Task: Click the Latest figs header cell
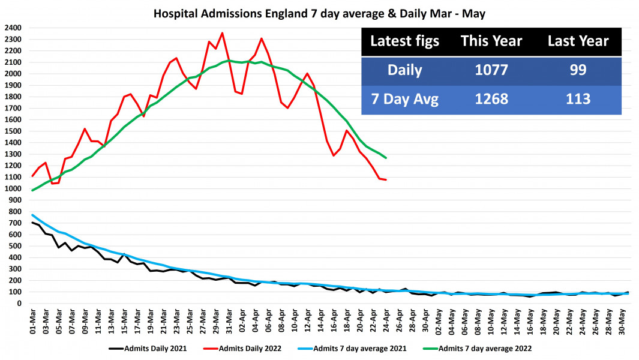click(404, 41)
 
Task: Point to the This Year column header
click(491, 41)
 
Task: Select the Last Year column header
click(578, 41)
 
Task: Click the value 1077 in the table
click(491, 70)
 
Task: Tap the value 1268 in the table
click(491, 99)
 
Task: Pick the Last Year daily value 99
click(578, 70)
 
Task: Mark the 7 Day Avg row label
click(404, 99)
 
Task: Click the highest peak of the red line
click(222, 33)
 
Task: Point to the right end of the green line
click(386, 158)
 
